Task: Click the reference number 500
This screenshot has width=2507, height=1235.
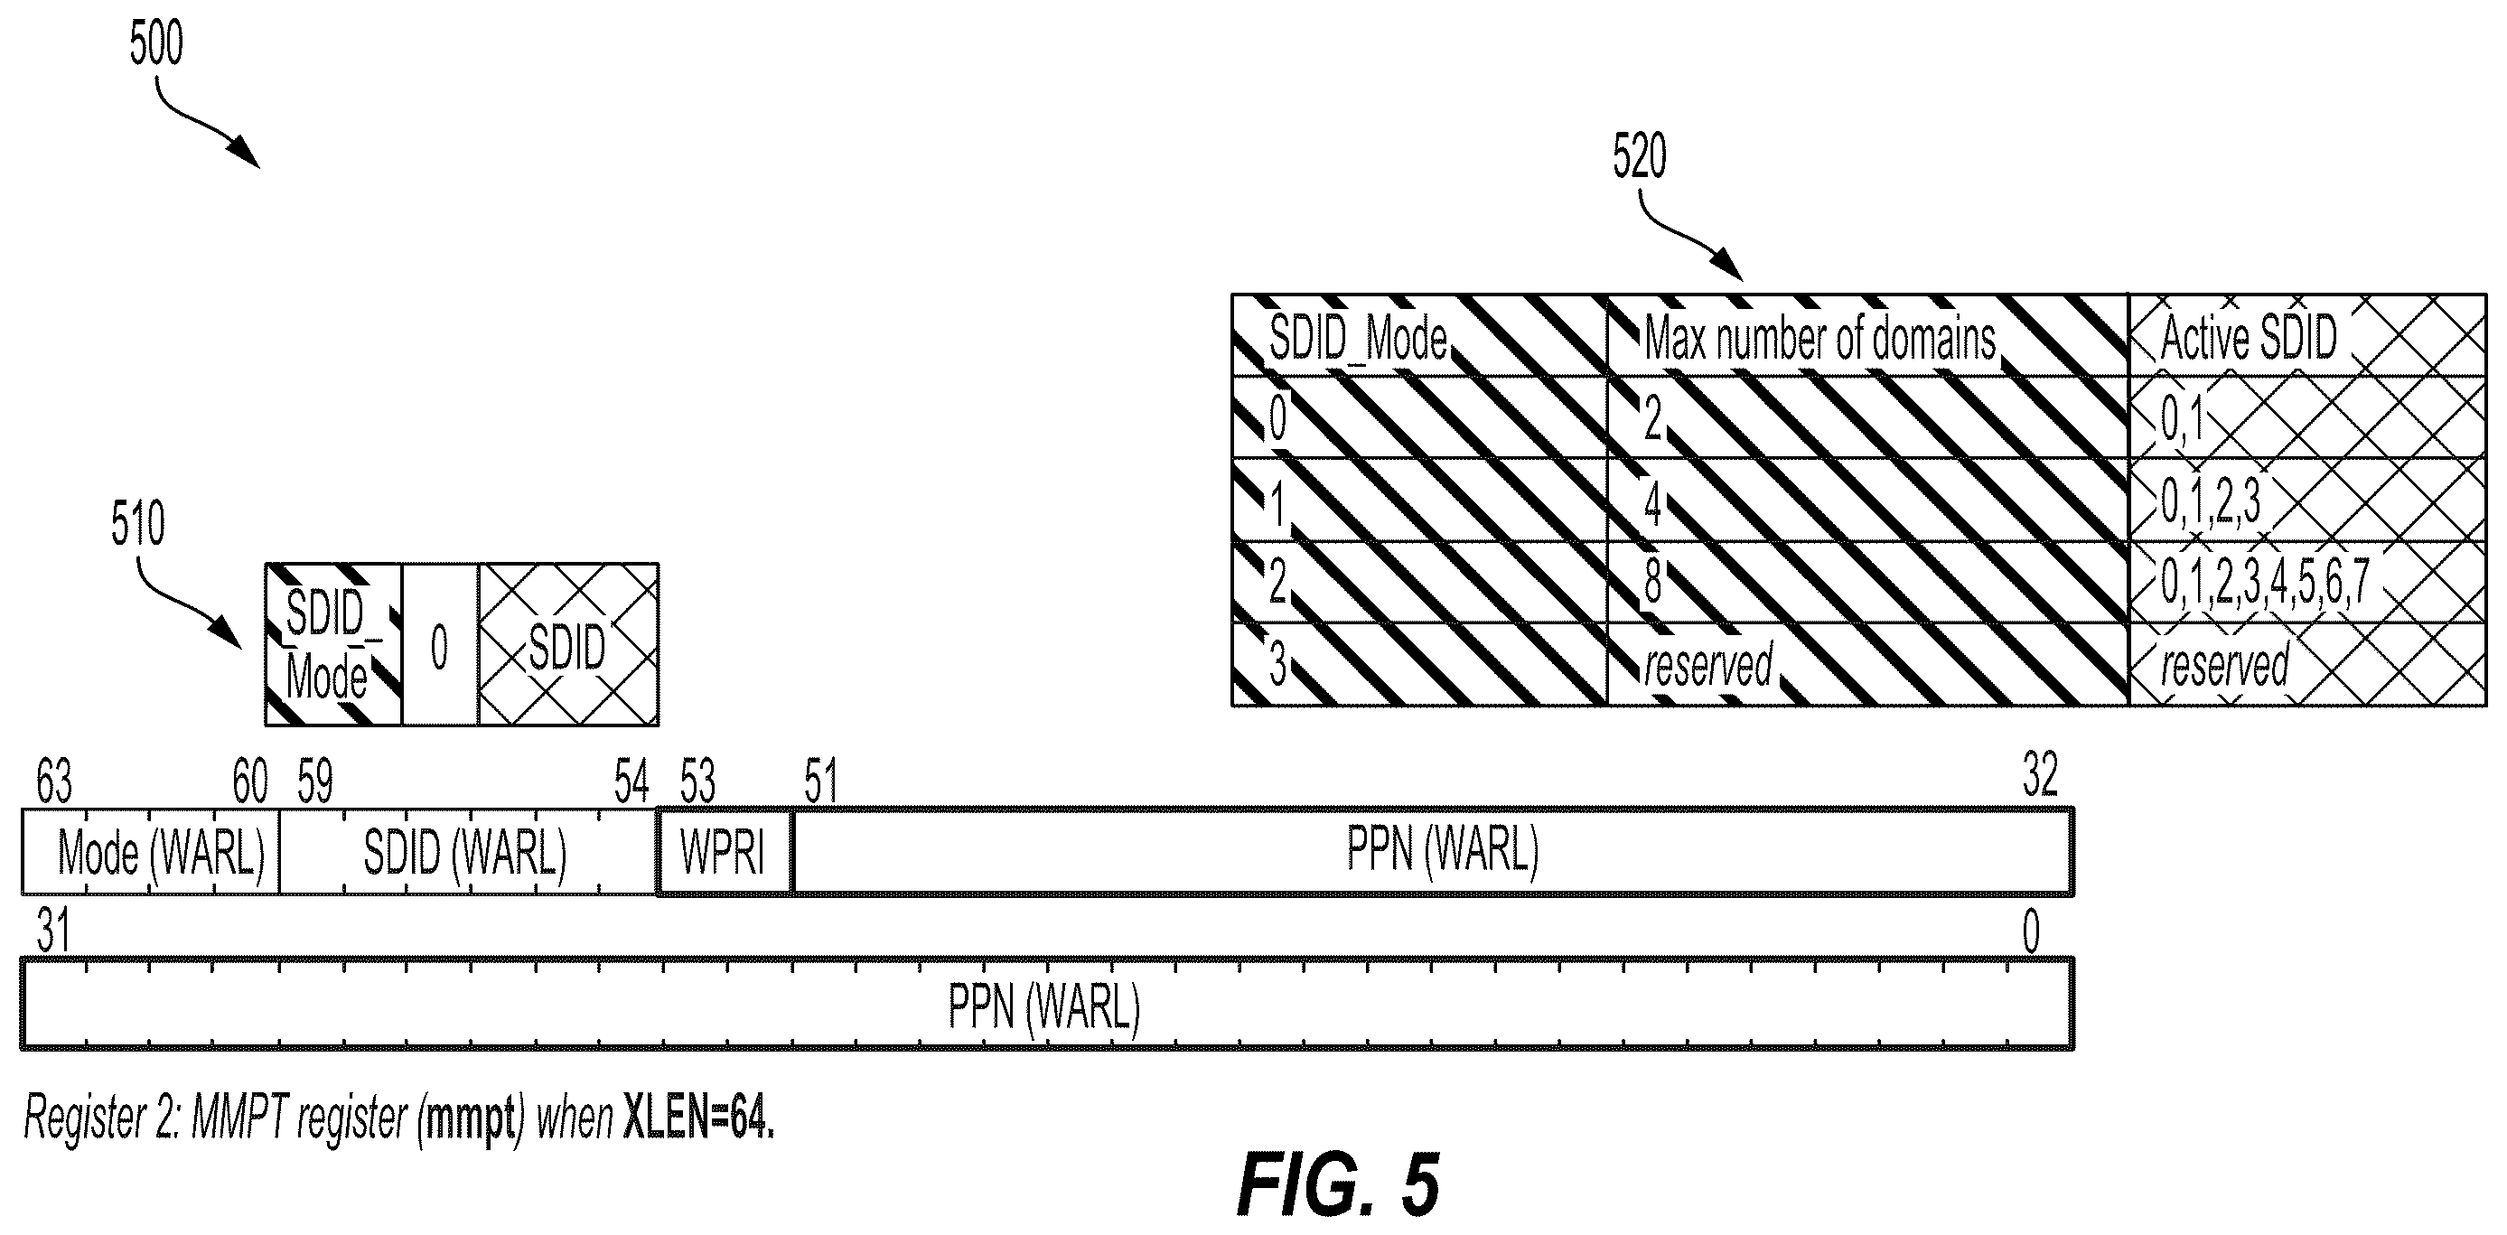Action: (x=156, y=45)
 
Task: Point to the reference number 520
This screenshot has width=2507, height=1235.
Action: (x=1639, y=155)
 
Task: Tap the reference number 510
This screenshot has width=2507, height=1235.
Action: (x=137, y=524)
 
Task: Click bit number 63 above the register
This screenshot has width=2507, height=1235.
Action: (x=53, y=781)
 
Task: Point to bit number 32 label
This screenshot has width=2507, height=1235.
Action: (x=2040, y=777)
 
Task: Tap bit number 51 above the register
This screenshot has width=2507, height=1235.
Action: (x=820, y=781)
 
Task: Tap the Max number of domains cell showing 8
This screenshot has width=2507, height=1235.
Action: (x=1867, y=582)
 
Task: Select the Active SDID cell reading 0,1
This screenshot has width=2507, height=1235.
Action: (x=2307, y=417)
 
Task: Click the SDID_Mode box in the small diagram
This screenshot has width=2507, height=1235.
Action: (x=333, y=644)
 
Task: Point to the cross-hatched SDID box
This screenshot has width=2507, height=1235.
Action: (x=568, y=644)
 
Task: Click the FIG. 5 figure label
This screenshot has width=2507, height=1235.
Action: (x=1338, y=1184)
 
